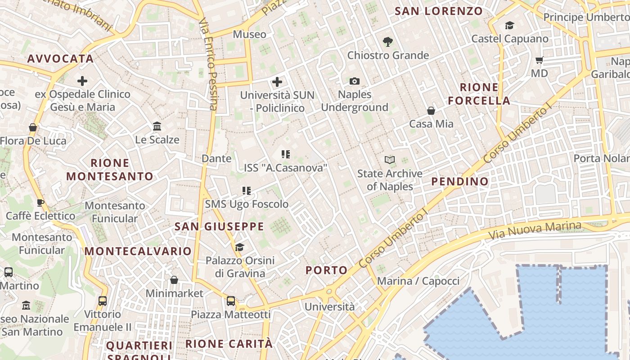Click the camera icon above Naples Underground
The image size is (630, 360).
[x=355, y=81]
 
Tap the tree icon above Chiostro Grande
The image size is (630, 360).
[x=387, y=42]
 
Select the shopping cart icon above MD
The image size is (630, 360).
[x=539, y=60]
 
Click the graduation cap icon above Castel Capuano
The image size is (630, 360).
[x=509, y=26]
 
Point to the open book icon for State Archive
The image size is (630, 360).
[x=390, y=160]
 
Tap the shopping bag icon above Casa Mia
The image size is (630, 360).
[x=431, y=110]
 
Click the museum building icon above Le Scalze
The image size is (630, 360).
[x=157, y=126]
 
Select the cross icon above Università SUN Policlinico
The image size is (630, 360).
[x=277, y=82]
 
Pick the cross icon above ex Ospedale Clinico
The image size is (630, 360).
[x=82, y=81]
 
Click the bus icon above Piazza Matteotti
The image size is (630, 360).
[x=231, y=301]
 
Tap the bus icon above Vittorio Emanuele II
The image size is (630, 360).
[x=103, y=301]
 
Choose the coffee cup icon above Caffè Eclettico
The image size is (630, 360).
[x=40, y=202]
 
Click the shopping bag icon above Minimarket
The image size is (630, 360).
[x=174, y=280]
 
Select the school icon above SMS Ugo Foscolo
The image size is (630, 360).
[x=247, y=191]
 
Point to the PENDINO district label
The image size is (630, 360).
[x=460, y=181]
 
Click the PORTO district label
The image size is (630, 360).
[x=327, y=270]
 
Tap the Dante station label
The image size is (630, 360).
[x=216, y=158]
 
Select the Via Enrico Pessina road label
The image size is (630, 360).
[x=209, y=63]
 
